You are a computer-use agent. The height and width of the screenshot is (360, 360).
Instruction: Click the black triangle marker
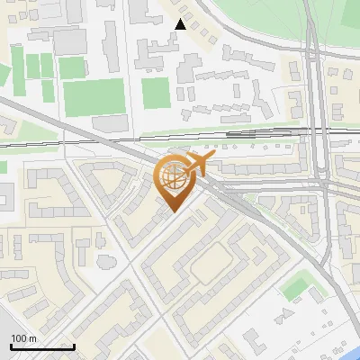tap(181, 24)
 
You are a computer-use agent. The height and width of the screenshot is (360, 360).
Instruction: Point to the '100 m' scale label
tap(24, 338)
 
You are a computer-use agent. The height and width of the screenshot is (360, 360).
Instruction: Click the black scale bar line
tap(42, 346)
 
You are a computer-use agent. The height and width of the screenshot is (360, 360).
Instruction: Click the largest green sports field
tap(93, 97)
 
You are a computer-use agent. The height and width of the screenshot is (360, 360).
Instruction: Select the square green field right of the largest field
tap(155, 93)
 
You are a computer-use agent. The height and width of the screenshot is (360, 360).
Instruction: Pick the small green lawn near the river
tap(294, 288)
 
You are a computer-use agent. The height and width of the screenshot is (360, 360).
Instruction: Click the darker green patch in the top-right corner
tap(351, 11)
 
